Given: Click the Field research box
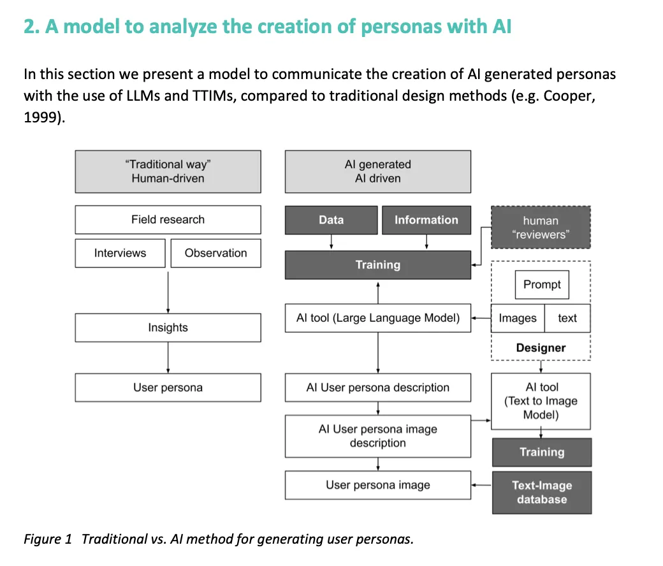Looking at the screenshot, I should point(168,219).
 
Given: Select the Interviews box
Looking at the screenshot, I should point(120,253).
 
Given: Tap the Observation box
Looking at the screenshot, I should point(215,253).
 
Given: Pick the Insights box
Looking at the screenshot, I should point(168,328).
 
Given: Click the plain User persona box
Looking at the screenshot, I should point(168,388).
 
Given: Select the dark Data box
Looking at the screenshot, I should point(331,220).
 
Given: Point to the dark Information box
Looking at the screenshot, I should point(426,220).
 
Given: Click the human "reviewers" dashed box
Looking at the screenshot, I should point(541,228).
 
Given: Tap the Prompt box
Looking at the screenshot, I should point(541,284).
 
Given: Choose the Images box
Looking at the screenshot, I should point(518,318).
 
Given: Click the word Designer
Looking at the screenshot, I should point(541,348).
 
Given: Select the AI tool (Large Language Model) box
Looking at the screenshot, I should point(377,318).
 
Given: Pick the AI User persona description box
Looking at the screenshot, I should point(377,388).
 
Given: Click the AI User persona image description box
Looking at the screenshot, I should point(377,436).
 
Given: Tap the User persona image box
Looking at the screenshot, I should point(377,485).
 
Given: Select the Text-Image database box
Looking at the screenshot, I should point(541,492).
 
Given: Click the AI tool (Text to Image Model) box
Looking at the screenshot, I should point(541,401).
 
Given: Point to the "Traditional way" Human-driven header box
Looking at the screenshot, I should point(168,171).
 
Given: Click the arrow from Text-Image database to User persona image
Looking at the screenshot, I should point(481,485).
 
